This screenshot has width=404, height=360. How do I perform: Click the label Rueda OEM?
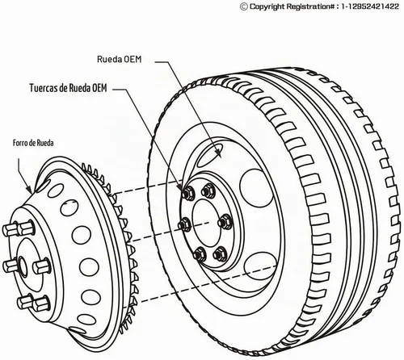[119, 59]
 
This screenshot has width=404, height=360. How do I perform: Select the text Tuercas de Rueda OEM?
[68, 88]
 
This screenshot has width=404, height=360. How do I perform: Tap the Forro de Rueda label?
[33, 143]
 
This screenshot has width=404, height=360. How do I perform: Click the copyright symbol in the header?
[244, 6]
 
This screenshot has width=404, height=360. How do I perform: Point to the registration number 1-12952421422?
[370, 6]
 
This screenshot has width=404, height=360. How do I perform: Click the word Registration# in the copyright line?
[308, 6]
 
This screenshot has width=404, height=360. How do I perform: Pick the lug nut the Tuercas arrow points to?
[187, 193]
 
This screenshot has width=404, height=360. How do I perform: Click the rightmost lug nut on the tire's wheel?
[225, 222]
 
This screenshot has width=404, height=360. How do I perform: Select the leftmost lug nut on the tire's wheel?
[185, 224]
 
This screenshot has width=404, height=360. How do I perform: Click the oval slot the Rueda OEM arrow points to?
[209, 155]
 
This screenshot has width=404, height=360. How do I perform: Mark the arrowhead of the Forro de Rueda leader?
[29, 190]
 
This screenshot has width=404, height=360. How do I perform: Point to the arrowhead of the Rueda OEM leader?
[219, 153]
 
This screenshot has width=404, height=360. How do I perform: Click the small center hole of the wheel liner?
[22, 266]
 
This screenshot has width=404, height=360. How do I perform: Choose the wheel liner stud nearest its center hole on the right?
[41, 266]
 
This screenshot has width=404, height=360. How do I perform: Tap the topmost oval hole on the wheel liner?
[55, 190]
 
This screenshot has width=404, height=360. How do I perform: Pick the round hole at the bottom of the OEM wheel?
[261, 266]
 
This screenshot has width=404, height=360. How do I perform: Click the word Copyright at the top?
[267, 6]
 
